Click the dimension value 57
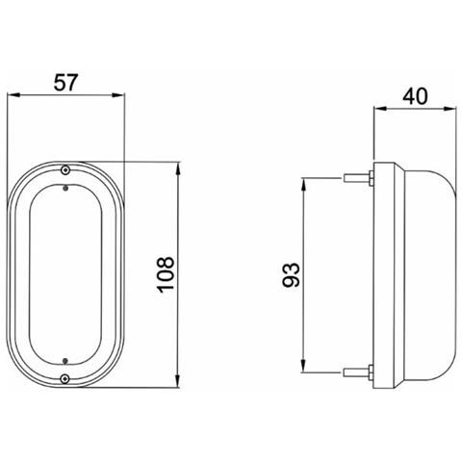[65, 83]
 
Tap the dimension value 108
[166, 274]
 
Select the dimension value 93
[291, 274]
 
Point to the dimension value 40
[415, 96]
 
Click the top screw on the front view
[65, 169]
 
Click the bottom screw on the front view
[65, 379]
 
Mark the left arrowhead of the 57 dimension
[13, 95]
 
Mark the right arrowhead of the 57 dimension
[117, 95]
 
